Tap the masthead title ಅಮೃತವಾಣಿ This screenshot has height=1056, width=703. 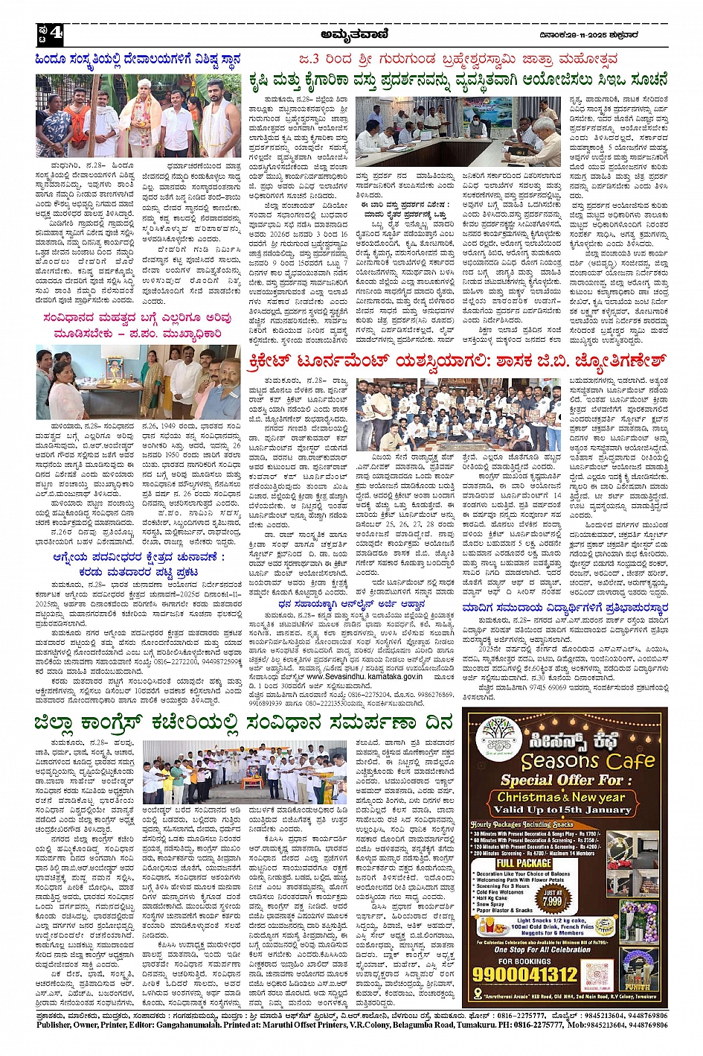[x=353, y=34]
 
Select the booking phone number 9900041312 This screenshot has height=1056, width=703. [x=526, y=973]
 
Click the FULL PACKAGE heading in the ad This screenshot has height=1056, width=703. [x=524, y=863]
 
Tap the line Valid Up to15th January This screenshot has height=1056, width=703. [x=568, y=809]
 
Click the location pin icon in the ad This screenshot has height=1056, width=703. [x=478, y=994]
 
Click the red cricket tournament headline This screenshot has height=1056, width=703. [x=456, y=362]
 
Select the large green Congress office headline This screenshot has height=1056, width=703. [x=243, y=722]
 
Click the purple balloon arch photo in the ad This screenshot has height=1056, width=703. [x=639, y=920]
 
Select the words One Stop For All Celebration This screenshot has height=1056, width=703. [x=542, y=950]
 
